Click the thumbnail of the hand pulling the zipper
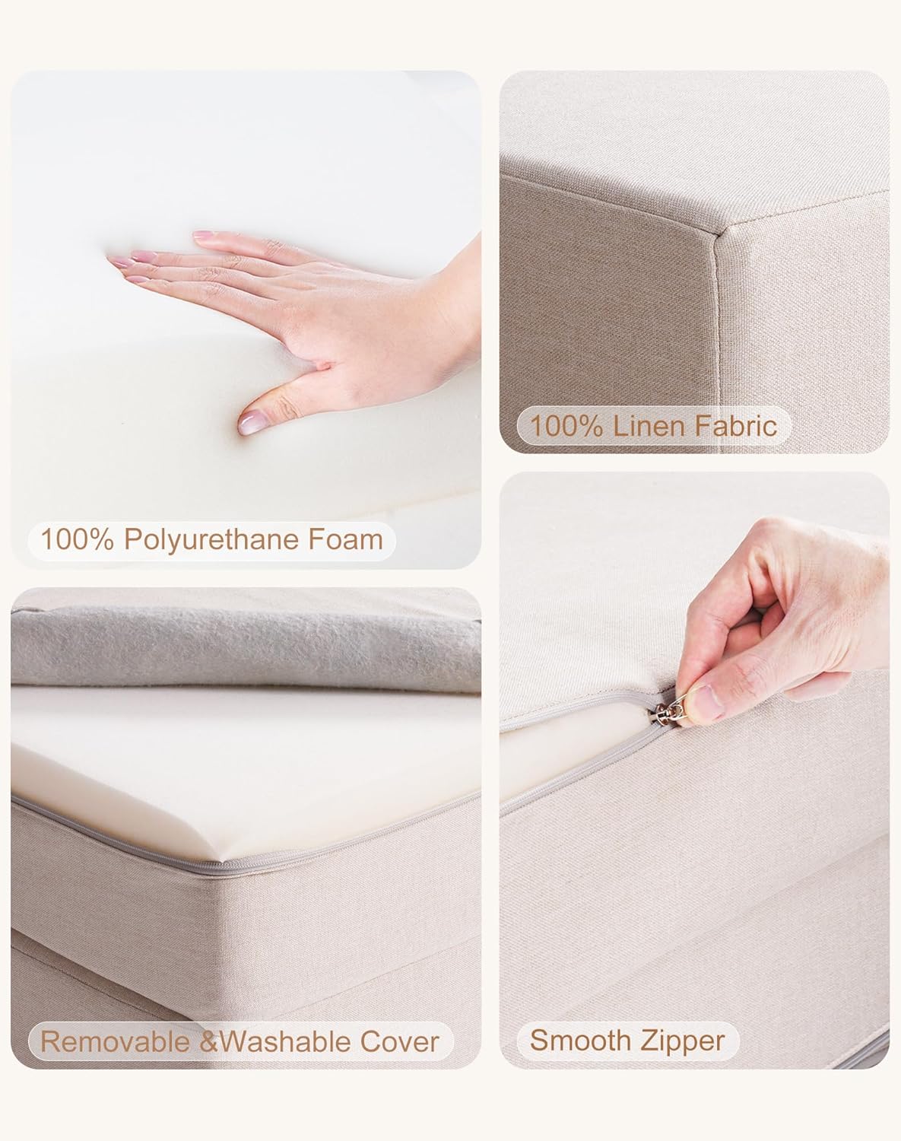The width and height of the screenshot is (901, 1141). click(x=693, y=768)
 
